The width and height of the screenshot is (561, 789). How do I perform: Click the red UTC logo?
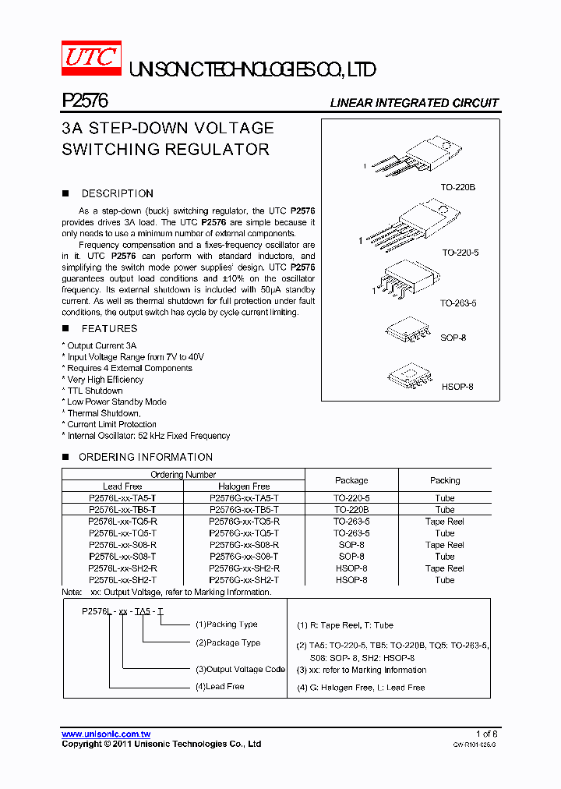coord(91,59)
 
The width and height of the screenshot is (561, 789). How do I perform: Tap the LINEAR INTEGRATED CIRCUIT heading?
coord(414,103)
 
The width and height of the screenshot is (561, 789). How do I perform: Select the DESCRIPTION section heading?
coord(117,193)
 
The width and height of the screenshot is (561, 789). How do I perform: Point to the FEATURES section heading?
coord(109,329)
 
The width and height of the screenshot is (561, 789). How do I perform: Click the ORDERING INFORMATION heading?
coord(145,457)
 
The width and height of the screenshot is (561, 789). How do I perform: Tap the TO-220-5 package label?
coord(460,253)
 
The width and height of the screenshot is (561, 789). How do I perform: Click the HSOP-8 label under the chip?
coord(457,387)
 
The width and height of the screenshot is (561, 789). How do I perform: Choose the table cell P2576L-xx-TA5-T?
coord(123,497)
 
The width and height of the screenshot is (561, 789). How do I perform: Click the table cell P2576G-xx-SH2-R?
coord(244,568)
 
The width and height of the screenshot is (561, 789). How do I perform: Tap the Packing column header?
coord(445,480)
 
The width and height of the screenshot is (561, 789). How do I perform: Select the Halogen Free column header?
coord(244,486)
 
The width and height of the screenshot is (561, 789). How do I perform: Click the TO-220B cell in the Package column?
coord(351,509)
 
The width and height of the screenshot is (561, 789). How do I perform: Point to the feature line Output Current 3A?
coord(101,345)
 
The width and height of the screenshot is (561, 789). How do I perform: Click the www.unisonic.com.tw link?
coord(106,734)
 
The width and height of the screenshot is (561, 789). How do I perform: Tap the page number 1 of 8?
coord(486,734)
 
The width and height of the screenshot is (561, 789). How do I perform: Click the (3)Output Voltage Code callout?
coord(240,670)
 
